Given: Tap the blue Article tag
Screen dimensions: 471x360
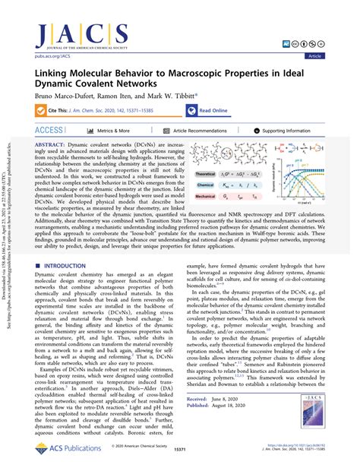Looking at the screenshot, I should [x=335, y=56].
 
